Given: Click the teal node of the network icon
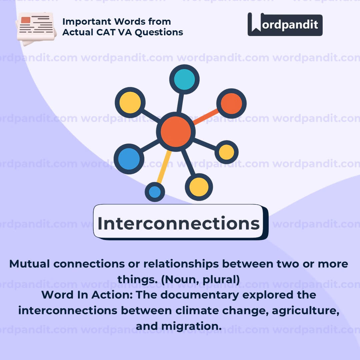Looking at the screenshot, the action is pyautogui.click(x=184, y=79).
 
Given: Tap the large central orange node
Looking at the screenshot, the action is pyautogui.click(x=176, y=132).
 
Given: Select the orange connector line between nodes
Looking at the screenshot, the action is pyautogui.click(x=206, y=117).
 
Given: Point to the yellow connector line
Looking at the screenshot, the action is pyautogui.click(x=164, y=167).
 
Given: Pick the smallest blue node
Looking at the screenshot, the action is pyautogui.click(x=155, y=192).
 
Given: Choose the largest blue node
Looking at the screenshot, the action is pyautogui.click(x=129, y=159).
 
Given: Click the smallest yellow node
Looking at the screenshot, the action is pyautogui.click(x=227, y=152).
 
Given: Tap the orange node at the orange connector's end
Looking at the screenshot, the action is pyautogui.click(x=231, y=103).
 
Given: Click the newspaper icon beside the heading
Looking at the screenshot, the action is pyautogui.click(x=36, y=28).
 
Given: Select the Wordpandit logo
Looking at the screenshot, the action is pyautogui.click(x=285, y=24).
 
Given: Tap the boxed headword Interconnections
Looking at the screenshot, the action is pyautogui.click(x=179, y=223).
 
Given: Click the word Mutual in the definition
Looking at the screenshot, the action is pyautogui.click(x=29, y=264).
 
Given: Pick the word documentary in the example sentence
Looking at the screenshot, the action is pyautogui.click(x=200, y=295).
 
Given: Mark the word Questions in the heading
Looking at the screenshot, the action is pyautogui.click(x=159, y=32).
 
